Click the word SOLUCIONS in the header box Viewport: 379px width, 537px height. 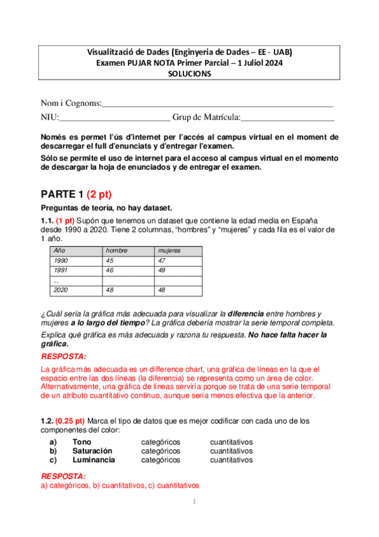[x=190, y=73]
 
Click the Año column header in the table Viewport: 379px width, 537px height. [x=60, y=251]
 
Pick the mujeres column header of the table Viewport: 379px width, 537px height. [x=170, y=251]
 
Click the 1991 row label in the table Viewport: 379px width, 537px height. [x=61, y=270]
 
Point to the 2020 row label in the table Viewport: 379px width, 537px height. [x=61, y=290]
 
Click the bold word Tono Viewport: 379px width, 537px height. [x=82, y=441]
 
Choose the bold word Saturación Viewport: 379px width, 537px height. [x=93, y=451]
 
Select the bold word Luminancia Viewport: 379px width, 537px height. [x=94, y=460]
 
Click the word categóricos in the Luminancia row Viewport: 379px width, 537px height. [x=161, y=460]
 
